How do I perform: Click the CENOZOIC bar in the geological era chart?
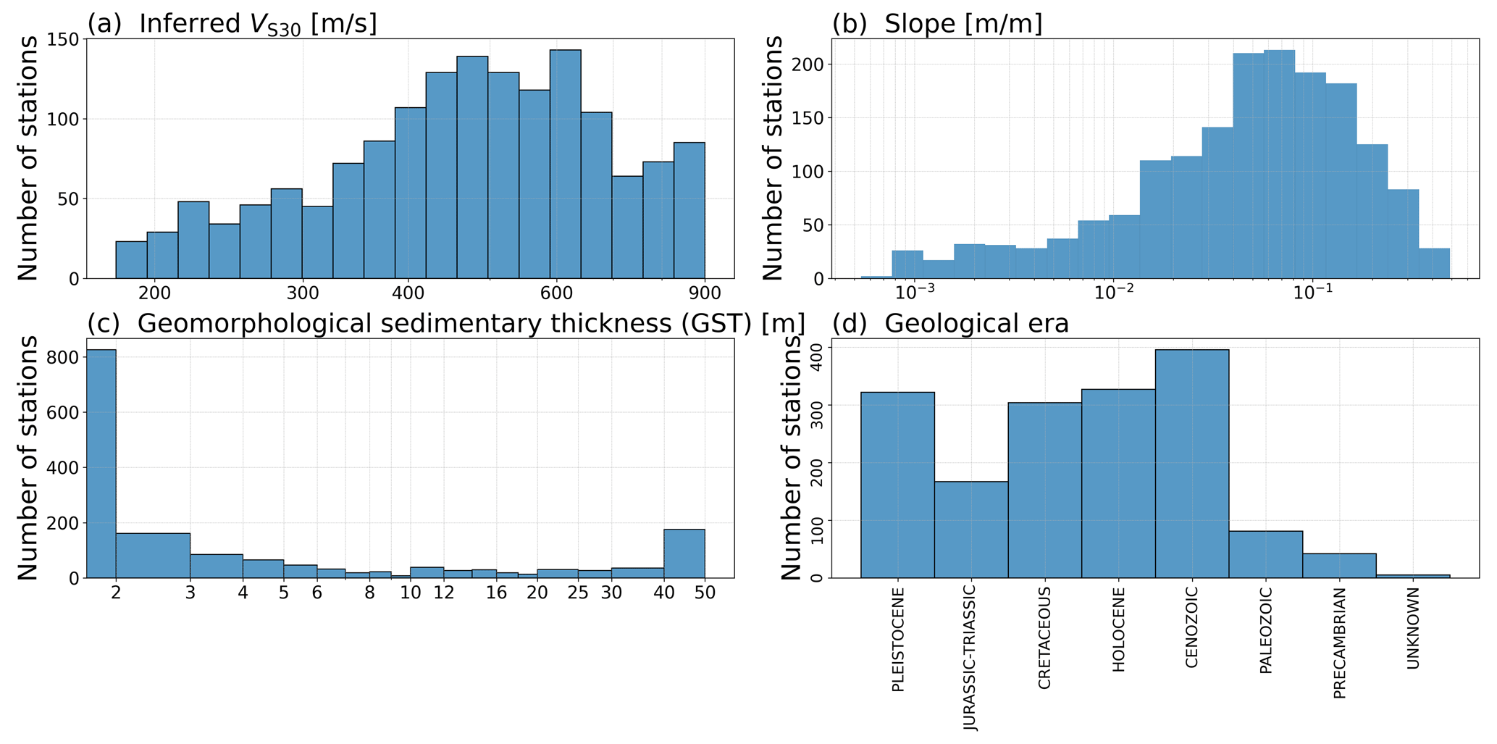pyautogui.click(x=1191, y=464)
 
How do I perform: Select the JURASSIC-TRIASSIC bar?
pyautogui.click(x=970, y=530)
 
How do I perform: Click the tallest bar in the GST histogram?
pyautogui.click(x=101, y=464)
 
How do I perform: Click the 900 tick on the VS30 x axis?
pyautogui.click(x=705, y=293)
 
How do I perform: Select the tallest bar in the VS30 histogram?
pyautogui.click(x=565, y=164)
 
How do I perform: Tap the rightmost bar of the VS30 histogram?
pyautogui.click(x=689, y=210)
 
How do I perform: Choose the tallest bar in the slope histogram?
pyautogui.click(x=1279, y=164)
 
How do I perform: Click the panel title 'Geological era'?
pyautogui.click(x=976, y=324)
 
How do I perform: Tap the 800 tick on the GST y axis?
pyautogui.click(x=64, y=358)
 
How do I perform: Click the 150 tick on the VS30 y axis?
pyautogui.click(x=64, y=39)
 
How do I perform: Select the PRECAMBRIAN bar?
pyautogui.click(x=1339, y=566)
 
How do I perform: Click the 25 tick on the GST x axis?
pyautogui.click(x=577, y=593)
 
